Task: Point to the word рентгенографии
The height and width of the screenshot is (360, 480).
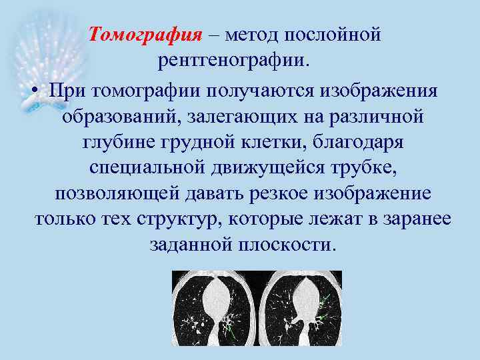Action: [233, 63]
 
